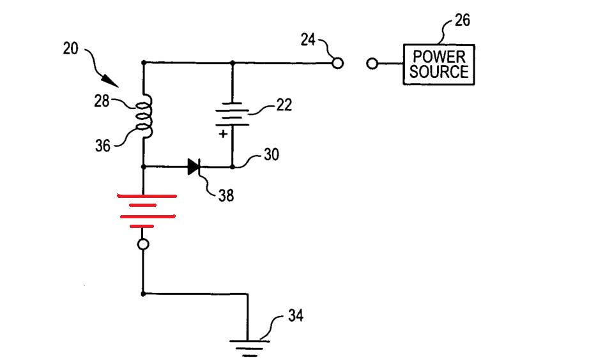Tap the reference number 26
(462, 20)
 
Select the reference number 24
(308, 40)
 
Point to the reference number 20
(71, 49)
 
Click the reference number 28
(102, 101)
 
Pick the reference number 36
(103, 146)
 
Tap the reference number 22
(284, 105)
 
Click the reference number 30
(272, 154)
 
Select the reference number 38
(226, 195)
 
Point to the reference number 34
(296, 315)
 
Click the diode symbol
(194, 167)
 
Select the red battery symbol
(146, 211)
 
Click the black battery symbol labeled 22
(232, 114)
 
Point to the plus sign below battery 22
(223, 133)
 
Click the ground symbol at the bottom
(249, 348)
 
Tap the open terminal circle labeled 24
(338, 63)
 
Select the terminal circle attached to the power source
(372, 63)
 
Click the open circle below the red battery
(143, 244)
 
